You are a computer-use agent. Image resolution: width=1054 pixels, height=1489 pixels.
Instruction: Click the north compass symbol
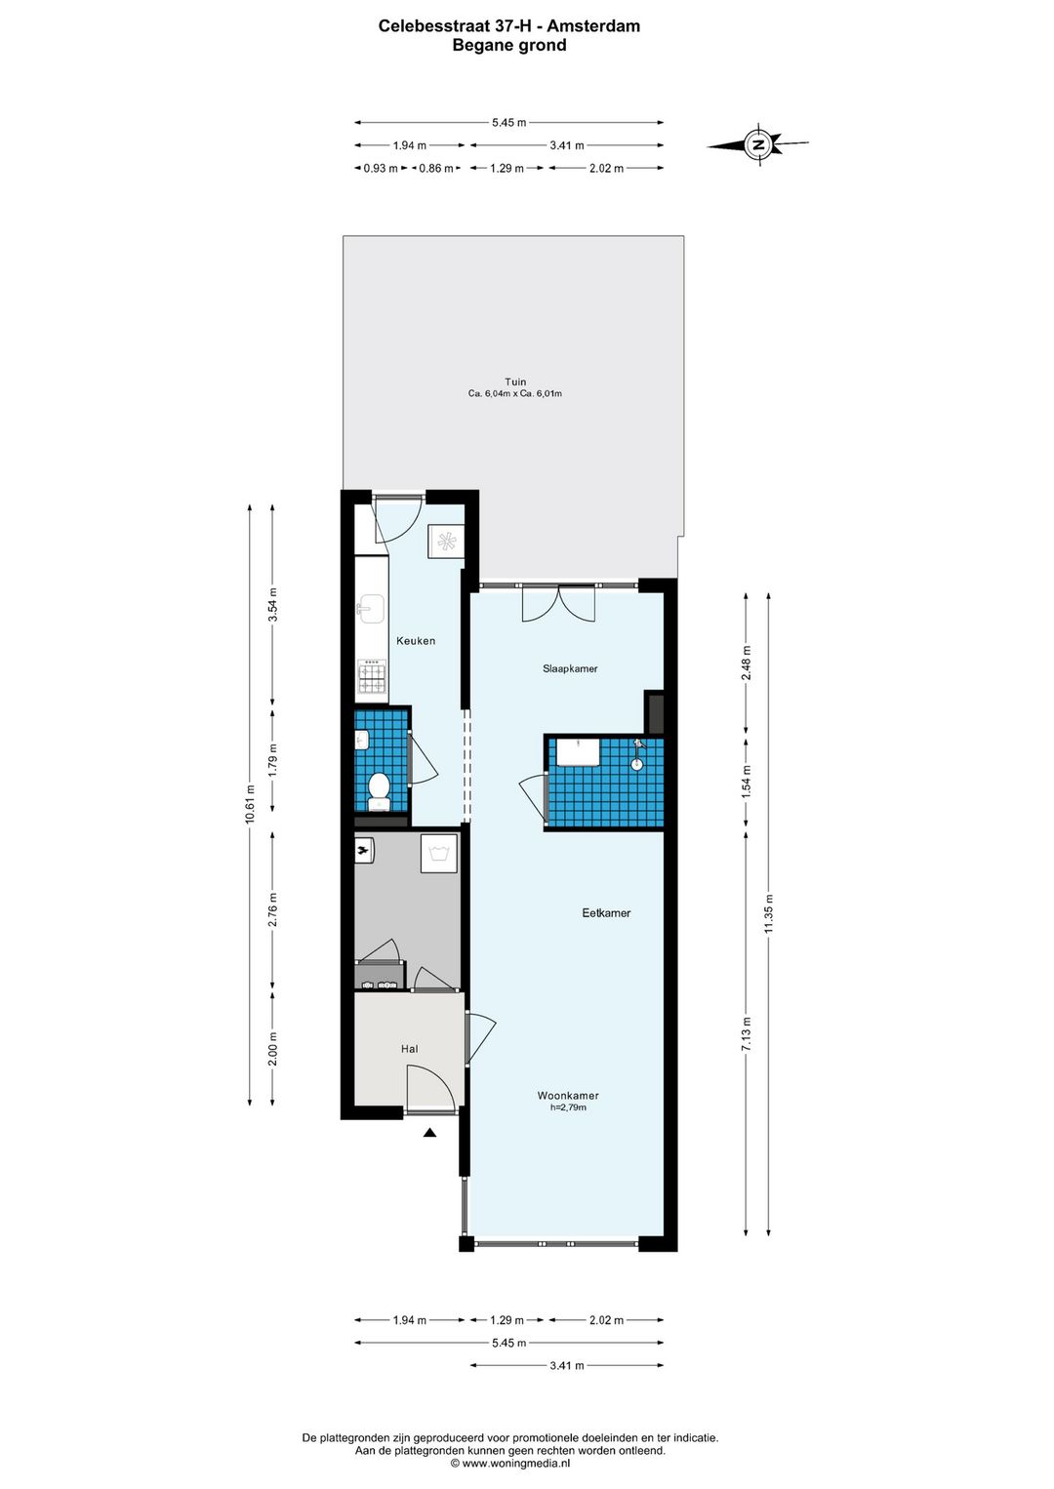(x=758, y=145)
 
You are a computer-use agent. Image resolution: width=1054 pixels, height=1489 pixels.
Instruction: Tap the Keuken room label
(x=416, y=641)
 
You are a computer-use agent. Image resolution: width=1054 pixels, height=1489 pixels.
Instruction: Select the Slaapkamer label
(x=570, y=668)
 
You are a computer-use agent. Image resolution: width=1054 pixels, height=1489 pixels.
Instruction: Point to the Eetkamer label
(x=606, y=913)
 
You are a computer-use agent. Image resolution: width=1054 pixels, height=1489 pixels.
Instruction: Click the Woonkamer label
(x=568, y=1096)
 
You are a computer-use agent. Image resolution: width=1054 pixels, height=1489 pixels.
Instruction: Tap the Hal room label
(x=409, y=1049)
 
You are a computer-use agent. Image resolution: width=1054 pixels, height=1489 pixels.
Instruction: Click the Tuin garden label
(x=515, y=382)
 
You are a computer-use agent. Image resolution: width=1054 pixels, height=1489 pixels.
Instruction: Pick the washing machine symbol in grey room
(x=439, y=854)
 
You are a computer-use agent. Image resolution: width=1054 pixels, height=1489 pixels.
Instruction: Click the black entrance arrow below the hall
(x=429, y=1133)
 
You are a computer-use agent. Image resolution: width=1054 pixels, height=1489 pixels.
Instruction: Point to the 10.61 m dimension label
(x=250, y=805)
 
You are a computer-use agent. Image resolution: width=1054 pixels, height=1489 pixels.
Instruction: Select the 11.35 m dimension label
(x=769, y=913)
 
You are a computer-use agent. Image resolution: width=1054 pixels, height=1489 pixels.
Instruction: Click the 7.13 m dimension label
(x=747, y=1033)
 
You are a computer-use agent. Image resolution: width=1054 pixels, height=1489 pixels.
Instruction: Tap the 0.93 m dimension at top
(x=381, y=168)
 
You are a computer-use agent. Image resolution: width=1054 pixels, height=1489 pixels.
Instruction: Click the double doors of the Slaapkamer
(x=558, y=603)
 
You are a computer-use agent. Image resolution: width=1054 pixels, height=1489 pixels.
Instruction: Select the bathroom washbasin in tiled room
(x=577, y=753)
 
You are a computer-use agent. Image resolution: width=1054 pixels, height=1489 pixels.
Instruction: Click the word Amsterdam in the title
(x=593, y=26)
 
